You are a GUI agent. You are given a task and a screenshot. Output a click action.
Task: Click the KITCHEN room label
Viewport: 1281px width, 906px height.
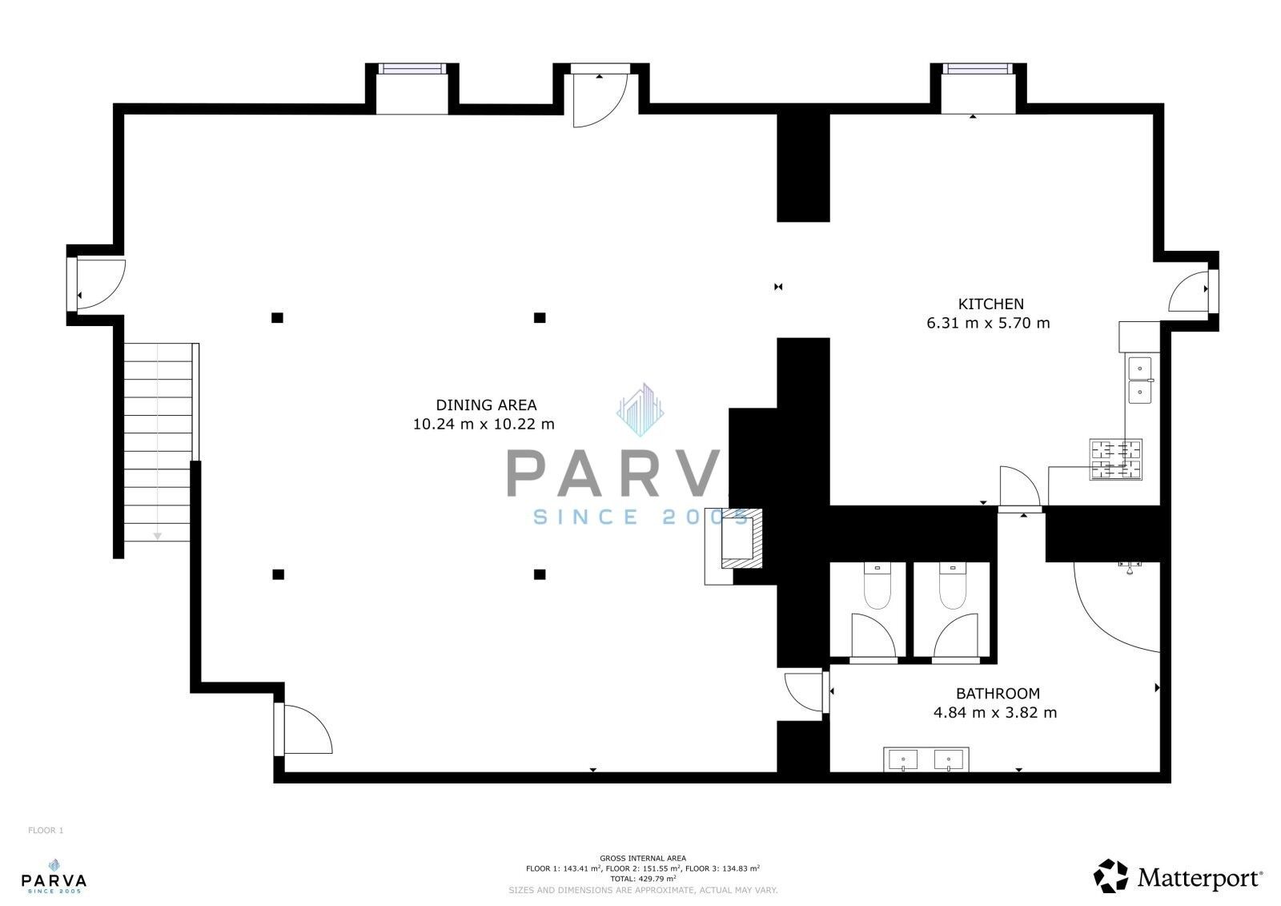(990, 304)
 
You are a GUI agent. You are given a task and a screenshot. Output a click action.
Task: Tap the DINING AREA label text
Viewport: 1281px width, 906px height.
(486, 405)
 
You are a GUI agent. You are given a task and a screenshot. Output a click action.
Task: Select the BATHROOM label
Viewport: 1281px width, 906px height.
(998, 694)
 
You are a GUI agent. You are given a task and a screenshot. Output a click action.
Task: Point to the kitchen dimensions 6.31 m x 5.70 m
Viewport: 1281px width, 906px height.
(987, 324)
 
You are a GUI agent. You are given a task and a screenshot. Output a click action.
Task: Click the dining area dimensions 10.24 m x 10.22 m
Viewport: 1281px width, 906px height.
(484, 425)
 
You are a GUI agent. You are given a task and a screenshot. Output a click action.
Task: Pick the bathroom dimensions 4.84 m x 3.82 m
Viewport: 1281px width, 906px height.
(995, 712)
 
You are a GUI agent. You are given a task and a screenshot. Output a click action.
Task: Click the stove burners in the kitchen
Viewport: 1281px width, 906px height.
(1115, 460)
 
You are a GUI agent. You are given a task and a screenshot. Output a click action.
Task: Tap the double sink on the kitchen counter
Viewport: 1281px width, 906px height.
(1140, 380)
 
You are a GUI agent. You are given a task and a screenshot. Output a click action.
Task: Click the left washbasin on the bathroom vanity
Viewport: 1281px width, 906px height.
(905, 759)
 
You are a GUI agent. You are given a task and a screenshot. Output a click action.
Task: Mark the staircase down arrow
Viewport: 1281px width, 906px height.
(158, 535)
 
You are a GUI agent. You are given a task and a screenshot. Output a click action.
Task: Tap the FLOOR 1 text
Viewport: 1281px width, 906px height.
(46, 831)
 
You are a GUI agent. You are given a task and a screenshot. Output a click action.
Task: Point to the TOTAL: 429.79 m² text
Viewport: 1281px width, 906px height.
(642, 878)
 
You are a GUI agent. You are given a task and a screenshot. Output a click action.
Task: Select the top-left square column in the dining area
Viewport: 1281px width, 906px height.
(277, 318)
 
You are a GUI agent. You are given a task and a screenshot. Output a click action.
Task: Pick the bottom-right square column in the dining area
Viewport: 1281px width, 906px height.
(540, 574)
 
